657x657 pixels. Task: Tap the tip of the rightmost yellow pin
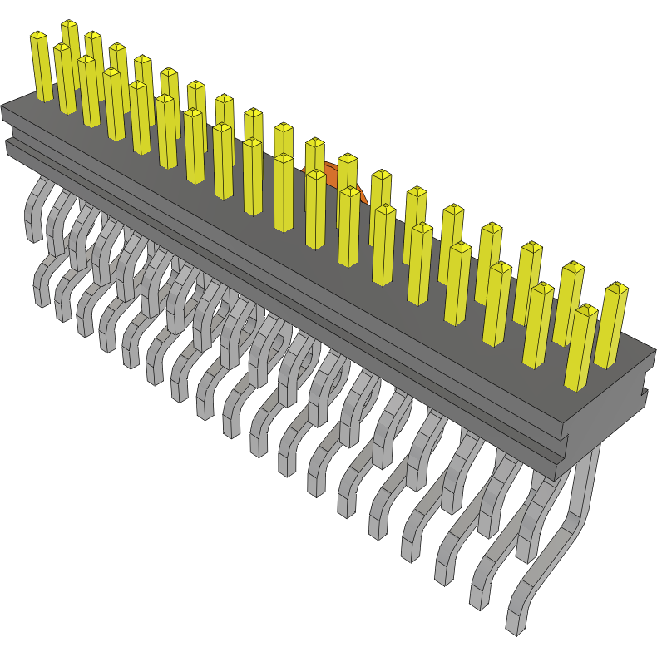point(616,288)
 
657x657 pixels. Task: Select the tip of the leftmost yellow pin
point(38,36)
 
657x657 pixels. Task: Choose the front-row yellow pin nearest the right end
point(580,349)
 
